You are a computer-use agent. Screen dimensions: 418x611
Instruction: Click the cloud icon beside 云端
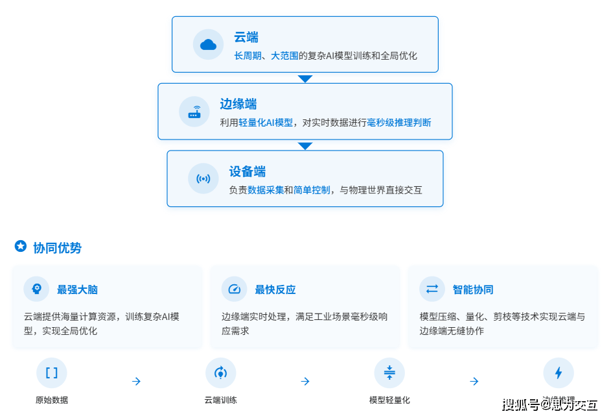208,44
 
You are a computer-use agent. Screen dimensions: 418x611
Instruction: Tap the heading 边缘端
238,104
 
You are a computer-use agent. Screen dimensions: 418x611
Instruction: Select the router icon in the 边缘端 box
194,112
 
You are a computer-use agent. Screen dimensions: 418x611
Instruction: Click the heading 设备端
247,171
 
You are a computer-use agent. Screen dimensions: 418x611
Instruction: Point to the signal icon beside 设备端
203,178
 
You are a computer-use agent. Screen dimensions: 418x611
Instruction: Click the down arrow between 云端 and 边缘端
305,79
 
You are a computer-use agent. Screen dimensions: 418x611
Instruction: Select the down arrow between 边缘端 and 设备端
305,146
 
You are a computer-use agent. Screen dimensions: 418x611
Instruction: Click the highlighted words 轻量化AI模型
266,123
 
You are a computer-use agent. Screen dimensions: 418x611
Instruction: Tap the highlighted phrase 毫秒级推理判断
399,123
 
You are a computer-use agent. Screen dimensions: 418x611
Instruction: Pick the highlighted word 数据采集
266,190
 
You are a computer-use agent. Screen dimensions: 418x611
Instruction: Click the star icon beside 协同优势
21,247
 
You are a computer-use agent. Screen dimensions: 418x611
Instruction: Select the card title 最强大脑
77,289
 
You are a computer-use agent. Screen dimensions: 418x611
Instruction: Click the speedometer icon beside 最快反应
234,289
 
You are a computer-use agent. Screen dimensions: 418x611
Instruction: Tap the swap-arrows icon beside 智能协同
432,289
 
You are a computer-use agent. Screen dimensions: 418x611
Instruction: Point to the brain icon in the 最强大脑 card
36,289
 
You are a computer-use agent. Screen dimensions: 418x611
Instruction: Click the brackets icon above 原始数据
52,373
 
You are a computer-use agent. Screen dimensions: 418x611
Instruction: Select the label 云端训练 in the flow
221,400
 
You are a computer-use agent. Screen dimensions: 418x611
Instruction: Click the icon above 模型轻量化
389,373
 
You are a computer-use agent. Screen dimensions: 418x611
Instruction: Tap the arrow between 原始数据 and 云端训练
136,382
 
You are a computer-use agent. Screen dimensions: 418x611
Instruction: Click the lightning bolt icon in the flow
559,373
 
